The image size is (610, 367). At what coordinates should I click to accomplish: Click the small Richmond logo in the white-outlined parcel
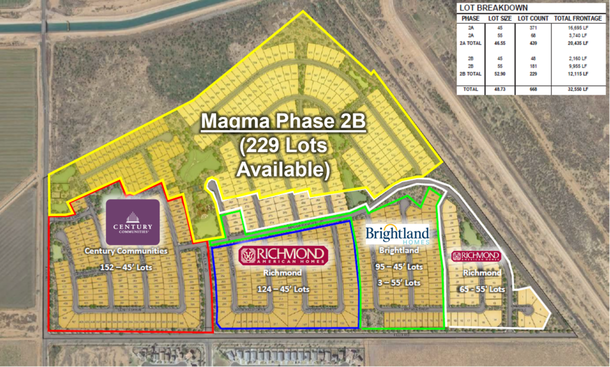[475, 256]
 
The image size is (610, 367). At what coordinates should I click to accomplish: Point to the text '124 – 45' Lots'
[283, 289]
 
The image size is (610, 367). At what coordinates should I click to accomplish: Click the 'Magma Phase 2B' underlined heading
[283, 122]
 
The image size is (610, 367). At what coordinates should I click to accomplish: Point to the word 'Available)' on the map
[283, 169]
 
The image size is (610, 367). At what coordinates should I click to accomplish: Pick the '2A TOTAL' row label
[468, 43]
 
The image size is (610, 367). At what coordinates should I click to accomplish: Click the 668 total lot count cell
[524, 90]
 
